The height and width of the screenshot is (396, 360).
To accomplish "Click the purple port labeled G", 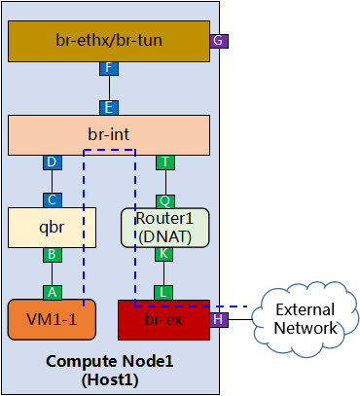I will tap(219, 41).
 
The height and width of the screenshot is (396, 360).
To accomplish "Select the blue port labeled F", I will tap(109, 68).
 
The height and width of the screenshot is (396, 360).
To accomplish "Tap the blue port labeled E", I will tap(109, 106).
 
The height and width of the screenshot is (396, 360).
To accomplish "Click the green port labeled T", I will tap(165, 162).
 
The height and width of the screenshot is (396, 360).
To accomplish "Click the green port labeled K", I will tap(165, 253).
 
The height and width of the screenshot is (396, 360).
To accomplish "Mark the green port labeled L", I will tap(165, 291).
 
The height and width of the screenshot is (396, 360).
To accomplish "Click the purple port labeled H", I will tap(219, 319).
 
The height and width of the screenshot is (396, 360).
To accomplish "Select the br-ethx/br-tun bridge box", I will tap(109, 40).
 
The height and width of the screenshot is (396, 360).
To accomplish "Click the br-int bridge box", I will tap(109, 134).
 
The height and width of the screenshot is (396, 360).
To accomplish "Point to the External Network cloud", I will tap(304, 318).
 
